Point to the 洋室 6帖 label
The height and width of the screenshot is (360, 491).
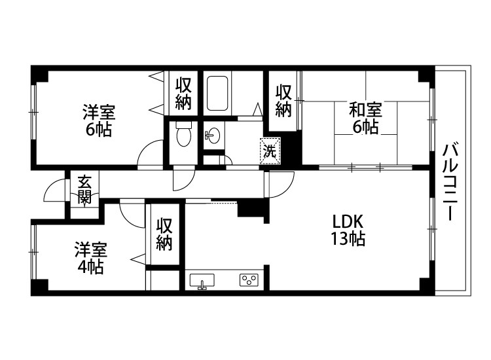(x=97, y=119)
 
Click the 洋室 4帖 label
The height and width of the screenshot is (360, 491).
(x=89, y=258)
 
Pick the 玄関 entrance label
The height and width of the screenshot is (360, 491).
(x=84, y=190)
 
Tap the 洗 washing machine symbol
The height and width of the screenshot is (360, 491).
(x=270, y=149)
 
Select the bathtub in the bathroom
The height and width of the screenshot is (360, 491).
(x=217, y=94)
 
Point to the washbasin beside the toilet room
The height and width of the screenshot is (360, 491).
(x=213, y=135)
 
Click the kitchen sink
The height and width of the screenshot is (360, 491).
(x=203, y=281)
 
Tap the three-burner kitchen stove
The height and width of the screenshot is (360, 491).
(x=249, y=281)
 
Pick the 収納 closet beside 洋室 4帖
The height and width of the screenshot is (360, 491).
(x=164, y=234)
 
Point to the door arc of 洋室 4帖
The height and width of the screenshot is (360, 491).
(x=132, y=214)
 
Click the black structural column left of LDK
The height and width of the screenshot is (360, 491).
(x=252, y=210)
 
